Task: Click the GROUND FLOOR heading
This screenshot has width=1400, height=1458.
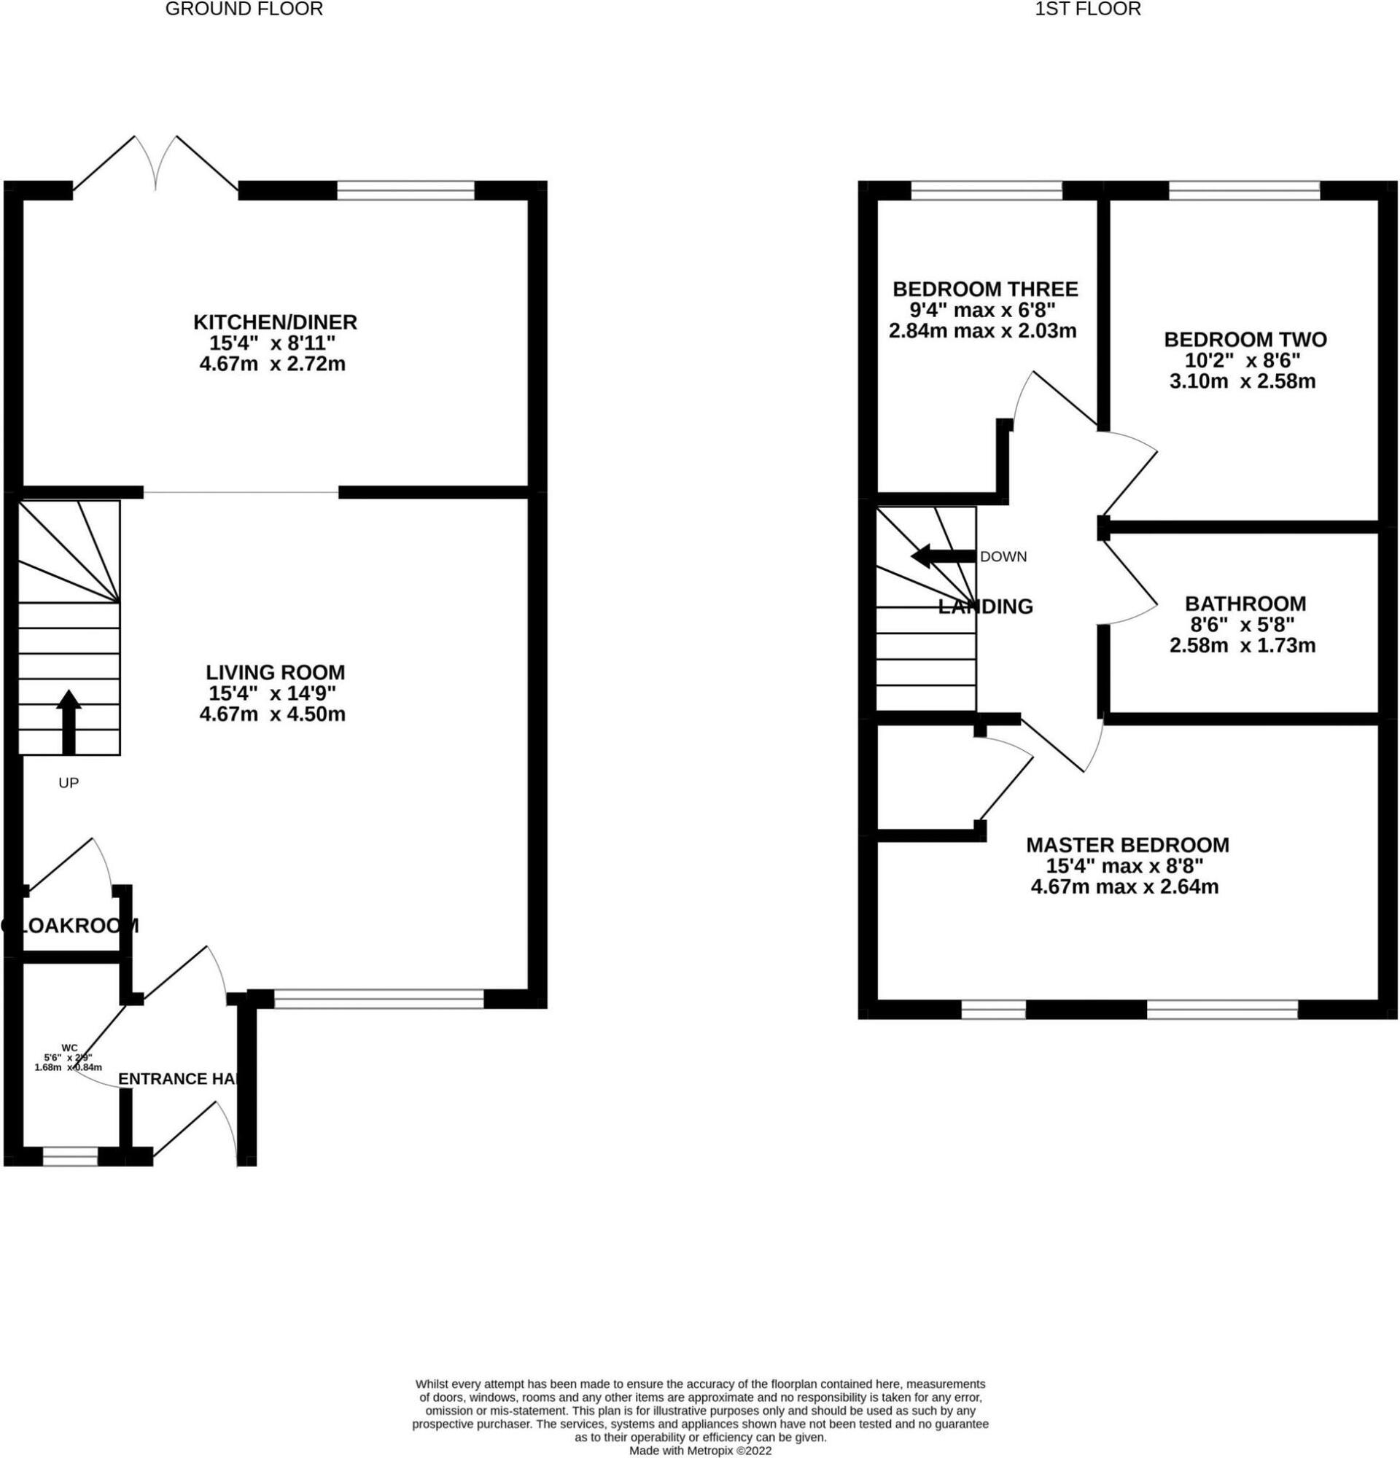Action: pyautogui.click(x=244, y=9)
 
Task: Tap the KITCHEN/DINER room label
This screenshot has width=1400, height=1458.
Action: pyautogui.click(x=275, y=322)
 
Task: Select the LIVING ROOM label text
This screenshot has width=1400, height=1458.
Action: pyautogui.click(x=275, y=672)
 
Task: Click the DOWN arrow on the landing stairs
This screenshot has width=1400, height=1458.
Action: pyautogui.click(x=942, y=555)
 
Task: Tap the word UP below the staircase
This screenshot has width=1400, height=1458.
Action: pyautogui.click(x=69, y=782)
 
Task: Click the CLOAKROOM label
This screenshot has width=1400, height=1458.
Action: pyautogui.click(x=70, y=925)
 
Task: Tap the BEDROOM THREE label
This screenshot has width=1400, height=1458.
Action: pyautogui.click(x=985, y=289)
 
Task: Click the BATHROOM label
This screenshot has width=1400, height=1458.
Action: pyautogui.click(x=1245, y=604)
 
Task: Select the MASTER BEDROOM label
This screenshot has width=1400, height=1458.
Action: pyautogui.click(x=1127, y=845)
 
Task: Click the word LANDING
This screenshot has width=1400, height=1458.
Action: pyautogui.click(x=985, y=607)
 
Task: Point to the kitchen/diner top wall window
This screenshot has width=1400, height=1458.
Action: pyautogui.click(x=405, y=190)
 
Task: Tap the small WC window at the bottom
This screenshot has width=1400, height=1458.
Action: pyautogui.click(x=70, y=1156)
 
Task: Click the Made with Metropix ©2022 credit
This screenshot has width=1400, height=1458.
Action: pyautogui.click(x=700, y=1451)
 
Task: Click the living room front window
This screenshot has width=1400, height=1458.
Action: pyautogui.click(x=378, y=999)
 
